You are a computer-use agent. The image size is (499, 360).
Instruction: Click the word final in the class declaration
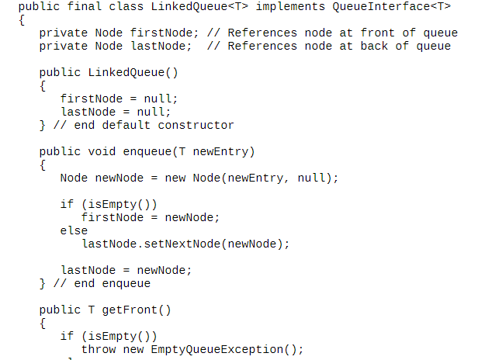point(85,6)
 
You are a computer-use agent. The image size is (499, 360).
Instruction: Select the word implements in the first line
point(290,6)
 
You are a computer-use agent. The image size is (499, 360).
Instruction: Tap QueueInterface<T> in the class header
point(391,6)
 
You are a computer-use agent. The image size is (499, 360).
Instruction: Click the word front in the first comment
point(377,33)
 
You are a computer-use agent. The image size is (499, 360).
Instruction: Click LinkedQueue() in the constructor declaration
point(133,73)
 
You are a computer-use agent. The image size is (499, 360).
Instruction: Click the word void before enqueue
point(102,151)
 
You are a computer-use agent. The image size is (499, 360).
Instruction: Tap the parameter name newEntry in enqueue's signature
point(220,151)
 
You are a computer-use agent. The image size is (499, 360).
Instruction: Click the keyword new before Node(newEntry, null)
point(175,178)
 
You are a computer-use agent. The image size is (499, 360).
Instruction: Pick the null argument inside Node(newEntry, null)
point(311,178)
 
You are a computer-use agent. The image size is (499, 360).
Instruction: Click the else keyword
point(74,230)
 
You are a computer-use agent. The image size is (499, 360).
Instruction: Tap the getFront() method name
point(137,310)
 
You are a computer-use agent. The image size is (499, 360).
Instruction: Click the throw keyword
point(99,349)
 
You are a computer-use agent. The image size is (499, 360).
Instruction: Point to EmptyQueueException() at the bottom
point(224,349)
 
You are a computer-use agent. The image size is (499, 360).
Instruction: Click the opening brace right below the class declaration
point(22,19)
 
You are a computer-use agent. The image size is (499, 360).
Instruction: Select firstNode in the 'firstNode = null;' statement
point(92,99)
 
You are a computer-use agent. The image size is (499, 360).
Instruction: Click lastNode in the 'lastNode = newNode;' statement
point(88,270)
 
